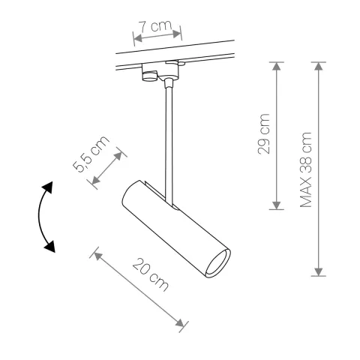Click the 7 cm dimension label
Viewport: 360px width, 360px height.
[158, 27]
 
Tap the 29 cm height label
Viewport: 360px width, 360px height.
[264, 136]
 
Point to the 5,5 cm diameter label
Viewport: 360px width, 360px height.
[92, 154]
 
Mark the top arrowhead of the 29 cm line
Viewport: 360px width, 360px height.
[277, 67]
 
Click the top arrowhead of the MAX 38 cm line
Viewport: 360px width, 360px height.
[320, 67]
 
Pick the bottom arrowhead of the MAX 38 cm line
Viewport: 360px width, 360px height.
[320, 271]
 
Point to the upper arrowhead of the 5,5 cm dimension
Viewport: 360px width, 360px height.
[121, 154]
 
